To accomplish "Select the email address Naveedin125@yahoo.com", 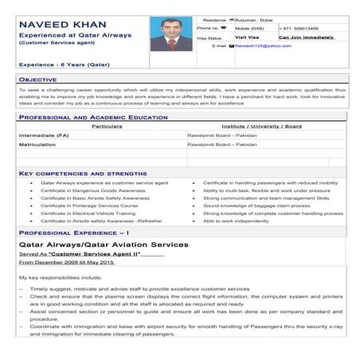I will (x=263, y=46).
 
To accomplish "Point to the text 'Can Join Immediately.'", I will (x=305, y=37).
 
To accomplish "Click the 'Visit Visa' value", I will (x=246, y=37).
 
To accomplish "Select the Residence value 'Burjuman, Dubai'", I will (x=253, y=18).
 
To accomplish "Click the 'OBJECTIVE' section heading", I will (x=37, y=80).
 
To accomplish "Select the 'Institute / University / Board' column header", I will (x=262, y=126).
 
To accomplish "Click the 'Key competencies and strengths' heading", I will (x=82, y=173).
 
